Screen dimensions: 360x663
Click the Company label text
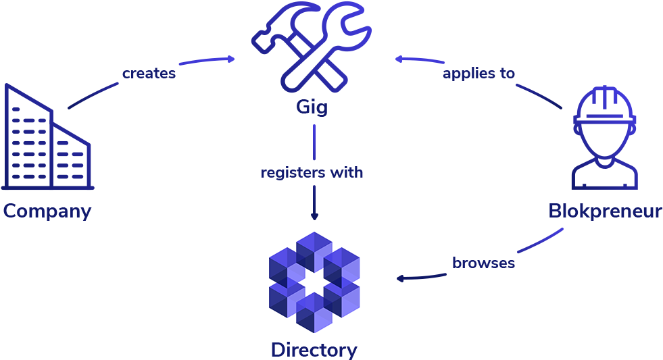47,211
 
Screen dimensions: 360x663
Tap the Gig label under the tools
312,107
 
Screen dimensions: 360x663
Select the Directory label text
314,350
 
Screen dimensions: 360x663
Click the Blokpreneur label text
605,211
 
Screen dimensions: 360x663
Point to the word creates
149,73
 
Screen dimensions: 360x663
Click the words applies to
478,73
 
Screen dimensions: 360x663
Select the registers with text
312,173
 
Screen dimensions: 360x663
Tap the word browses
483,263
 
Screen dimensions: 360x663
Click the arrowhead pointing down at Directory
314,215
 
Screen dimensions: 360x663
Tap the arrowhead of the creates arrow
231,59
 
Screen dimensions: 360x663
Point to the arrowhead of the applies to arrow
399,59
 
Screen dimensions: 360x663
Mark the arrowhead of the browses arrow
400,278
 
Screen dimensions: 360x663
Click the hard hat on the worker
604,108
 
